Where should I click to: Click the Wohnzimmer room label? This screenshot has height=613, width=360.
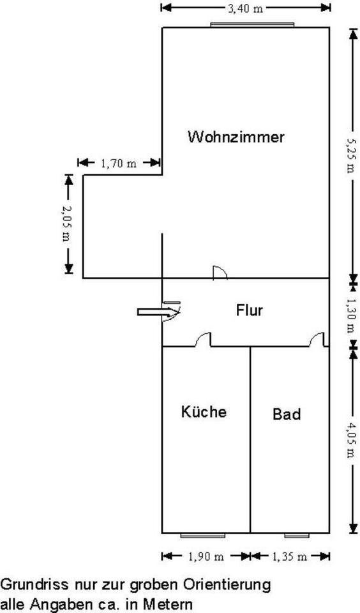coord(236,137)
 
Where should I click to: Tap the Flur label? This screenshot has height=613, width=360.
coord(250,310)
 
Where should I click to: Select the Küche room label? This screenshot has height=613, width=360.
coord(204,412)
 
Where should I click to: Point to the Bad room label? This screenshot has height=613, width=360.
coord(287,414)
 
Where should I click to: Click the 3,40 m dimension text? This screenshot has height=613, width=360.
coord(246,8)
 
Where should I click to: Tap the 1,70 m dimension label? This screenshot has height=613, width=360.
coord(119,163)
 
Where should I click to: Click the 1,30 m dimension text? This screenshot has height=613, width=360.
coord(350,315)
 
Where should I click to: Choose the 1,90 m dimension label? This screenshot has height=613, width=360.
coord(206,557)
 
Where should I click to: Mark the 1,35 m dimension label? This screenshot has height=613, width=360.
coord(289,557)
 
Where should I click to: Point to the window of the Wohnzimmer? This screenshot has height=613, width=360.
coord(252,25)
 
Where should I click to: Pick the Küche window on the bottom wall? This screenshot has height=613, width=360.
coord(203,535)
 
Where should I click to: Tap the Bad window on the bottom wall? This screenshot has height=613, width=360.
coord(297,535)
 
